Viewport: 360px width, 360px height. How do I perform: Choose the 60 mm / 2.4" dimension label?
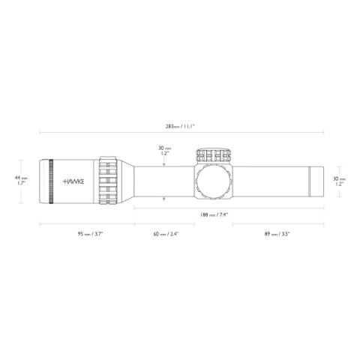(x=166, y=233)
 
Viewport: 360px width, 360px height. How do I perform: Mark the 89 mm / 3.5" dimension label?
(x=277, y=233)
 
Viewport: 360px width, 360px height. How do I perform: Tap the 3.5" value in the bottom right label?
(x=288, y=233)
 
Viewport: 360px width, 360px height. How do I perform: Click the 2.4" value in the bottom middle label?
(x=175, y=233)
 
